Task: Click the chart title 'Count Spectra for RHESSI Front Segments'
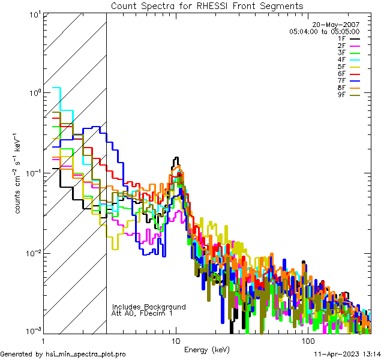[207, 5]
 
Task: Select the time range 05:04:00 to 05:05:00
[324, 31]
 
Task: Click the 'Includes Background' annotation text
[148, 307]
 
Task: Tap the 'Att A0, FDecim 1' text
[142, 313]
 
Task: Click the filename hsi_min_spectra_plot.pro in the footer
[86, 354]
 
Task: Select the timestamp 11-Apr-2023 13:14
[346, 354]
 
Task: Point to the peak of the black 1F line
[176, 158]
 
